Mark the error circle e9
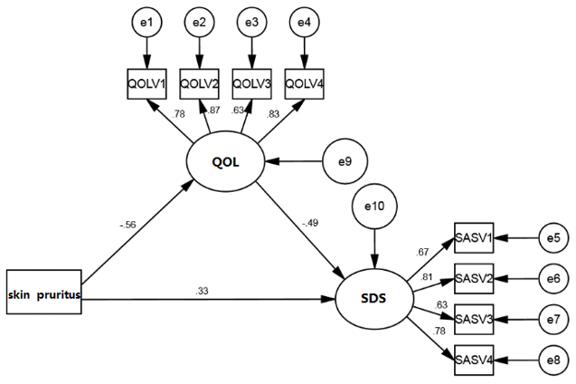point(345,163)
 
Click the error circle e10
point(373,207)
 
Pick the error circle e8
point(553,360)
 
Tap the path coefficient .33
point(202,290)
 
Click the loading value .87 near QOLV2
point(212,110)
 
